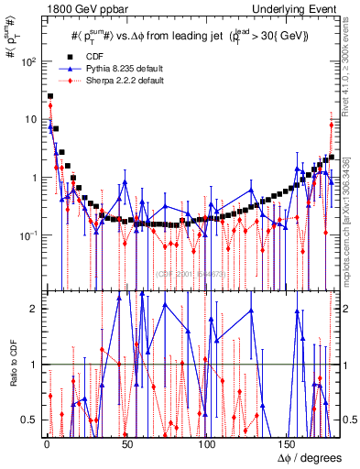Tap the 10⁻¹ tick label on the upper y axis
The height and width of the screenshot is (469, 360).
[x=27, y=235]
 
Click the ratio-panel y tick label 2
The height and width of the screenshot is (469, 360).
[x=34, y=309]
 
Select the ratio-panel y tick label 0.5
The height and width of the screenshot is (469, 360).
[x=30, y=420]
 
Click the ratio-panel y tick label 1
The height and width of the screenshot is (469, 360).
[x=34, y=365]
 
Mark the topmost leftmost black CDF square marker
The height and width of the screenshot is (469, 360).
[x=50, y=96]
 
